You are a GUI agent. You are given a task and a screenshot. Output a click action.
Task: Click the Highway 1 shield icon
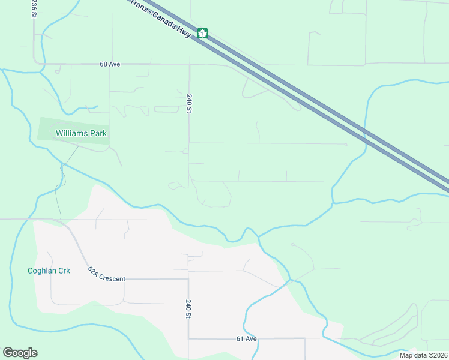[x=203, y=33]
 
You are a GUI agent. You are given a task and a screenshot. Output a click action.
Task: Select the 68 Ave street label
[x=110, y=64]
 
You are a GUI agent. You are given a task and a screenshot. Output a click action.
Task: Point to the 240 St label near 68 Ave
[x=189, y=103]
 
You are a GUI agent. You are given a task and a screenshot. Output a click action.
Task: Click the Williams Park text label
[x=81, y=133]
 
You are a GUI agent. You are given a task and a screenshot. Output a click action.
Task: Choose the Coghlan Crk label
[x=49, y=271]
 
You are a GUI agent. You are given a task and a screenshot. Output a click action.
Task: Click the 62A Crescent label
[x=106, y=275]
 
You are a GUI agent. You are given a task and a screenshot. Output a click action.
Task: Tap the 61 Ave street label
[x=246, y=338]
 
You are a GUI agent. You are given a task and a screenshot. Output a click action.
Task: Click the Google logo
[x=20, y=353]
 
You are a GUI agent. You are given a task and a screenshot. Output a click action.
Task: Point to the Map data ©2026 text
[x=423, y=355]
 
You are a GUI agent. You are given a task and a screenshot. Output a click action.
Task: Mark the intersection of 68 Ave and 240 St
[x=190, y=64]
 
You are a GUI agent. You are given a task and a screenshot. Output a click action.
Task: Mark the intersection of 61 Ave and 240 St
[x=188, y=338]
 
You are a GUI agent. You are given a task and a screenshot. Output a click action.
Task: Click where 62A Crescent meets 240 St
[x=188, y=279]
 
